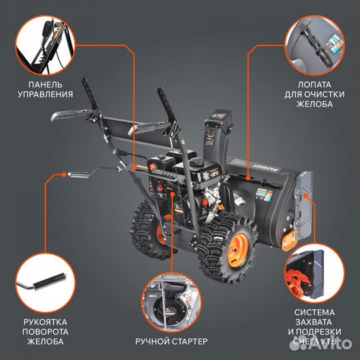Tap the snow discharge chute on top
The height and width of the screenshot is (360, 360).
click(220, 133)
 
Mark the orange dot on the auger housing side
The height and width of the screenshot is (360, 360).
click(305, 198)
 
